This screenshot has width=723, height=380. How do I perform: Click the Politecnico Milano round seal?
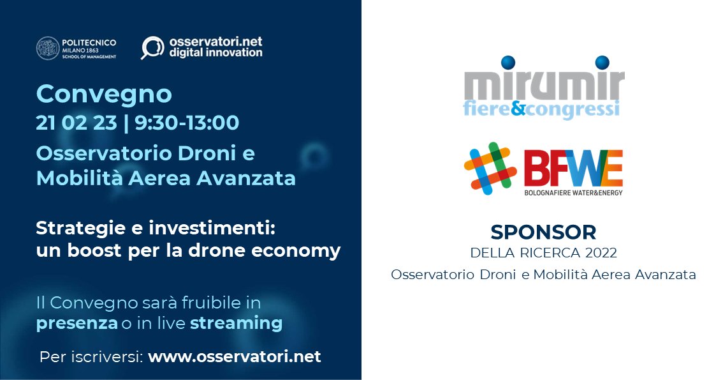click(x=48, y=48)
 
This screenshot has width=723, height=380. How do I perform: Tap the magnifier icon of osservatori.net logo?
click(x=152, y=48)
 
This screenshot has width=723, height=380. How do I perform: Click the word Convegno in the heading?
click(x=104, y=95)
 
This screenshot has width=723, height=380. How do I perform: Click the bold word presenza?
click(x=77, y=324)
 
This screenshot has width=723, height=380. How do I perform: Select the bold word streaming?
click(x=236, y=324)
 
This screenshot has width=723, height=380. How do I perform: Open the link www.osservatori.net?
click(x=234, y=356)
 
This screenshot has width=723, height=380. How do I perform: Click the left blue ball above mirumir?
click(x=508, y=63)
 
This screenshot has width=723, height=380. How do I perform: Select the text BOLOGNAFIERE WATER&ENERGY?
click(x=573, y=192)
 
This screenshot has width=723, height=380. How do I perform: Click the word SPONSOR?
click(x=543, y=231)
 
